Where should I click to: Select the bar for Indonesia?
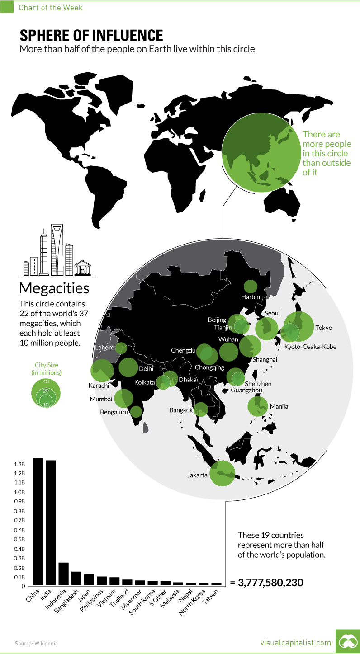pos(63,574)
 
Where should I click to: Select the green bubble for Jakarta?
pos(222,473)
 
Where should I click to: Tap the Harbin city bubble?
pos(250,286)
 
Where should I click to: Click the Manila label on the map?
pos(279,406)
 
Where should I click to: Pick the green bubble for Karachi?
pos(102,371)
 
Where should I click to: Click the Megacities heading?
pos(54,288)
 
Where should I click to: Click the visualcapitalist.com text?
pos(296,642)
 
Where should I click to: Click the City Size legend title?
pos(46,369)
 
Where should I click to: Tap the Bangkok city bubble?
pos(201,409)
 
